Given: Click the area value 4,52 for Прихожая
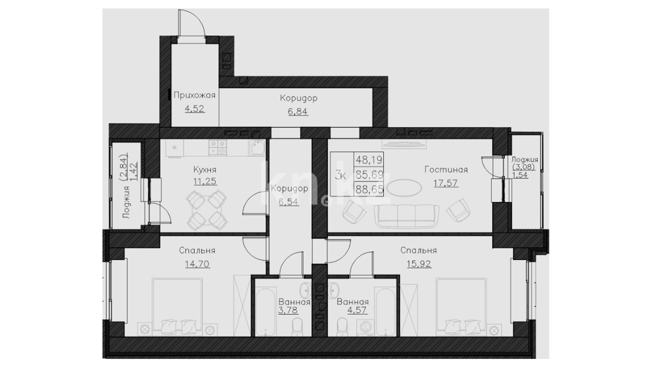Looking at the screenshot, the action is (x=195, y=109).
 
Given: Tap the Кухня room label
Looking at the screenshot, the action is (x=204, y=169).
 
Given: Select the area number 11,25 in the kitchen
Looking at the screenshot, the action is (x=205, y=181).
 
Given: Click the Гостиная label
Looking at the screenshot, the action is (x=446, y=169).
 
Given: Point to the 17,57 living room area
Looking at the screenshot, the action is (x=446, y=183).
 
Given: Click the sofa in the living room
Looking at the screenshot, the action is (x=406, y=216).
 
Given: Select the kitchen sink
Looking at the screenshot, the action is (x=257, y=148).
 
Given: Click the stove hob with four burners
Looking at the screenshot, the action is (x=218, y=148).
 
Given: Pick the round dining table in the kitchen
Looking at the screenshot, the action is (x=207, y=211).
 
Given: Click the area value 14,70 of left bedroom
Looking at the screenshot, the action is (x=197, y=264).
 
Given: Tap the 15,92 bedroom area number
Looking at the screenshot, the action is (x=419, y=264).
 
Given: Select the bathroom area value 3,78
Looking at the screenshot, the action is (x=288, y=310).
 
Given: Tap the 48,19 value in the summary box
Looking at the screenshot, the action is (x=369, y=159).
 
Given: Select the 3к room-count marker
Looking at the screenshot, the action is (x=340, y=176).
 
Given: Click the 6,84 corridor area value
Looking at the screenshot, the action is (x=298, y=111).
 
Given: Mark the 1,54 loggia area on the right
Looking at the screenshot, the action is (x=520, y=175).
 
